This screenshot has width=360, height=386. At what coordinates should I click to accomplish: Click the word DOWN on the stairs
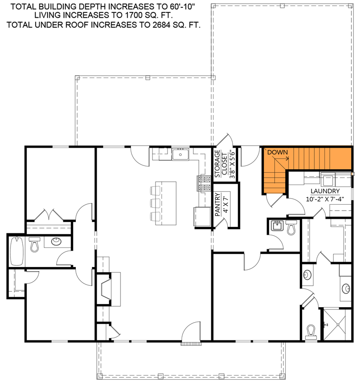[277, 152]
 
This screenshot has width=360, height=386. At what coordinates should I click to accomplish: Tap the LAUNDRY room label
[324, 191]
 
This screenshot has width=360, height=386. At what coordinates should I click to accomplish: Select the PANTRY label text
[218, 205]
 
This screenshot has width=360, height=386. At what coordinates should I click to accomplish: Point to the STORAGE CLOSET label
[221, 163]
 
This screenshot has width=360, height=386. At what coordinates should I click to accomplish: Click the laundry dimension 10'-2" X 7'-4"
[324, 199]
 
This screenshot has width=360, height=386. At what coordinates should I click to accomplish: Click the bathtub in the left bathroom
[17, 251]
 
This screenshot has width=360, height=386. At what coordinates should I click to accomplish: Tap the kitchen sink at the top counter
[180, 155]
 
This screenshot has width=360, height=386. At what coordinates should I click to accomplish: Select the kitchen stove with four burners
[204, 183]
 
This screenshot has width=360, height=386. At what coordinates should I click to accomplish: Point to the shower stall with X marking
[337, 324]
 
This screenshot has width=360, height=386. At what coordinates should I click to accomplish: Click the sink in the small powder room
[277, 226]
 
